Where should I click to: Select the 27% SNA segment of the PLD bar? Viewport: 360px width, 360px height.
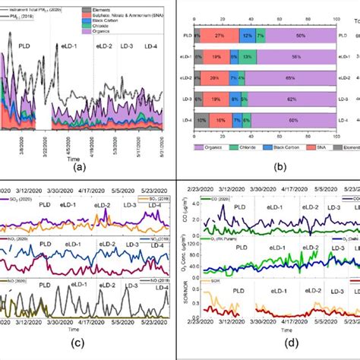click(219, 35)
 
